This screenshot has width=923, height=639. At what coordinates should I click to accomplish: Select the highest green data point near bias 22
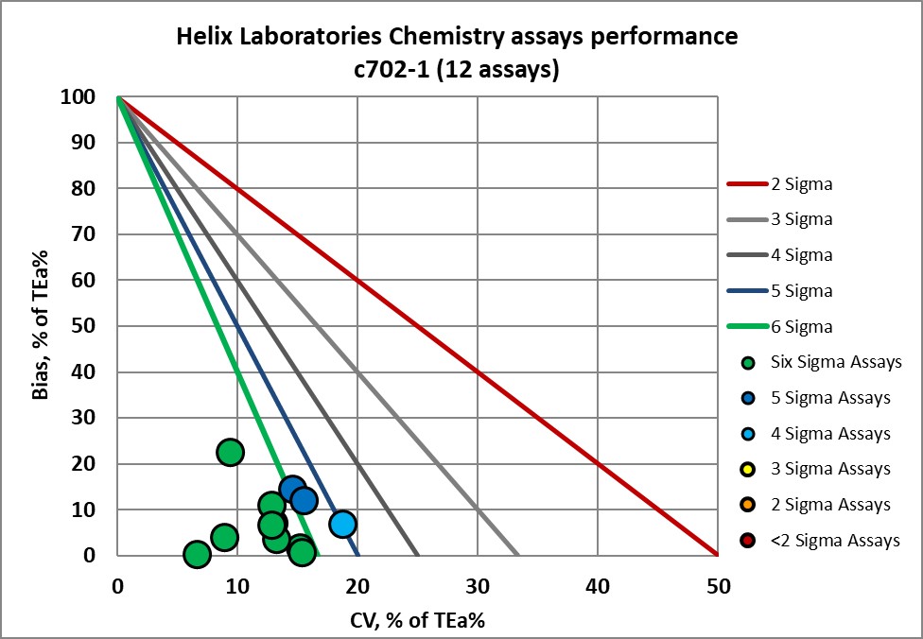(x=230, y=453)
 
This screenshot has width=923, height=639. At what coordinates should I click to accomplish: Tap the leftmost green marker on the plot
(x=197, y=554)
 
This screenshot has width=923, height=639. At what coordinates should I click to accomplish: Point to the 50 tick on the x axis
(x=718, y=585)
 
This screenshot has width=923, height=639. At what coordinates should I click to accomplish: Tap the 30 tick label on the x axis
(x=478, y=585)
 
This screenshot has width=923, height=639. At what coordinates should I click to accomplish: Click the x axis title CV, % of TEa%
(x=417, y=620)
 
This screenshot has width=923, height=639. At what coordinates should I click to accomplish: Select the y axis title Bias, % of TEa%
(x=42, y=326)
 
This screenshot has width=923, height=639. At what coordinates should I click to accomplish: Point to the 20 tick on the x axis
(x=357, y=585)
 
